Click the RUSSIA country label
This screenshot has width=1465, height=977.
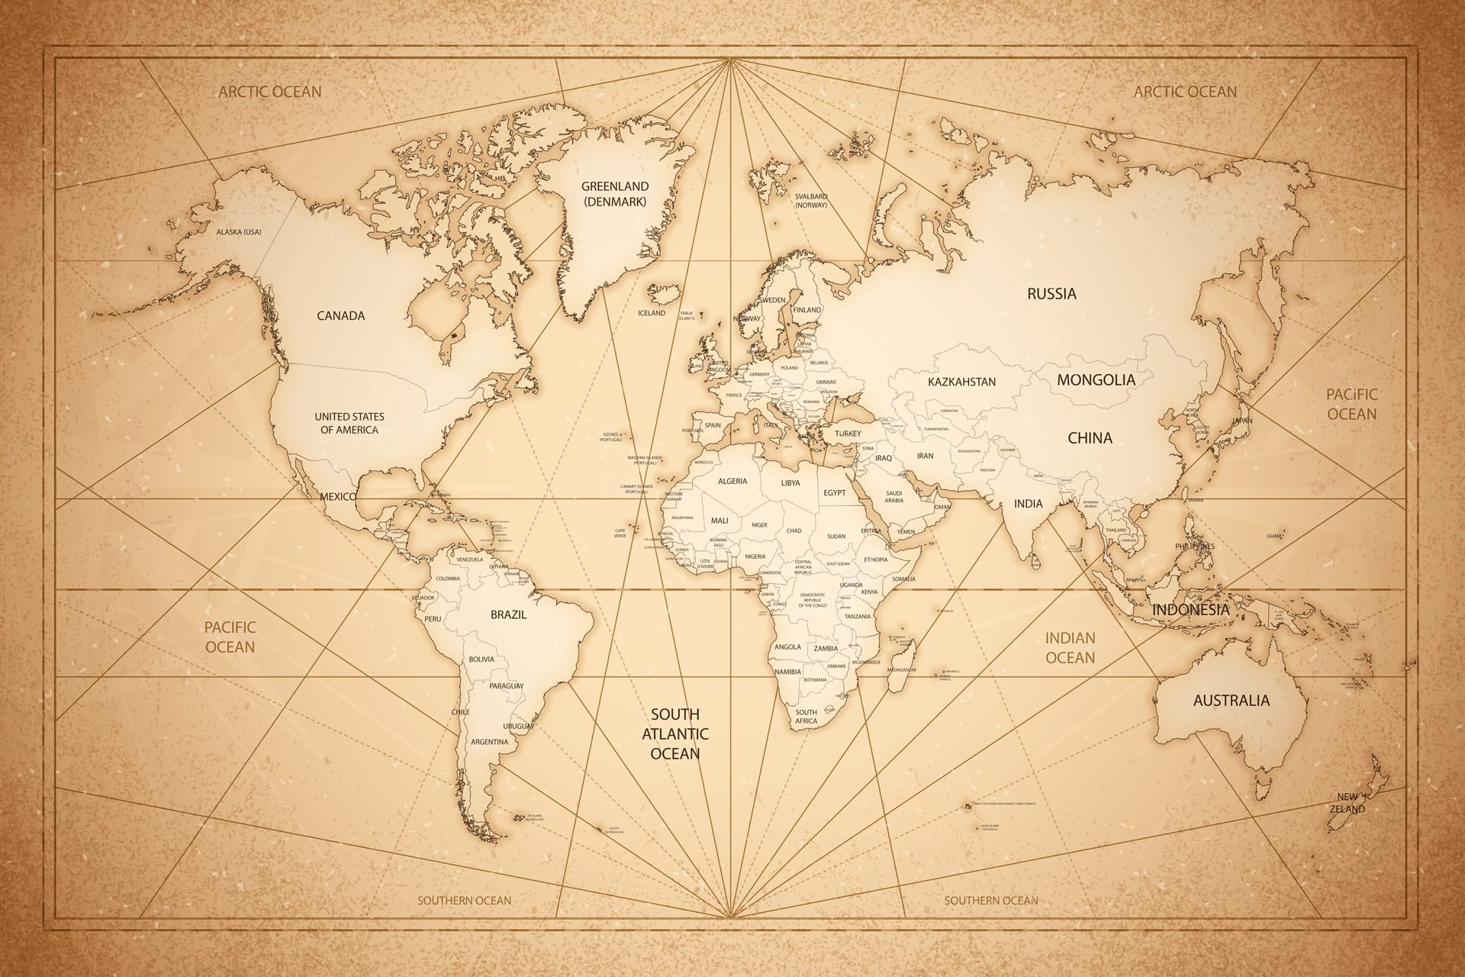[1051, 294]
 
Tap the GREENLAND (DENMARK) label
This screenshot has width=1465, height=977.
[615, 194]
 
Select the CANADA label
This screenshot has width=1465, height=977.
[340, 316]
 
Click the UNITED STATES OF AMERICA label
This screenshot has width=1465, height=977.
[349, 424]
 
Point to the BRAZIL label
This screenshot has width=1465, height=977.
[508, 614]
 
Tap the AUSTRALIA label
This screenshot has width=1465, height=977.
[1232, 701]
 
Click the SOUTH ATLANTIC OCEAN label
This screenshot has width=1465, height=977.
[675, 734]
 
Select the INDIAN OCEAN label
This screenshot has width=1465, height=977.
[1070, 647]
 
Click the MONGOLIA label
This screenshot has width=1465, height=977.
[1096, 379]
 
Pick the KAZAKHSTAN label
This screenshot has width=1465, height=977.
[961, 382]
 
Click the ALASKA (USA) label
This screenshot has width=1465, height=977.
[239, 232]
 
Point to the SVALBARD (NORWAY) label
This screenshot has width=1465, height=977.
[810, 201]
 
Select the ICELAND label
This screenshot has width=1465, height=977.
[652, 313]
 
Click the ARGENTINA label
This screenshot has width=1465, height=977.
[489, 742]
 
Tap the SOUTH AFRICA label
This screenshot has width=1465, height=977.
[806, 717]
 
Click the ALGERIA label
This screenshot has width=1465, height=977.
[732, 482]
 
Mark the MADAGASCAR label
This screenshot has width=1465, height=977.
[901, 669]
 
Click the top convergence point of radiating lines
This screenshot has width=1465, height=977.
[731, 59]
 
